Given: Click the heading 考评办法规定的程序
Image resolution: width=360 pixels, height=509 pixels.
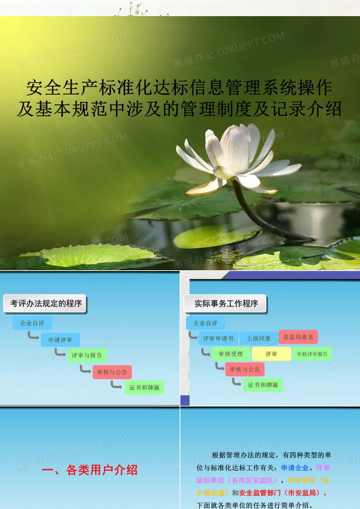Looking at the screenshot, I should click(46, 303).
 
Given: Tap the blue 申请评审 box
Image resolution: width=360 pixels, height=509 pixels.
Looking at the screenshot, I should click(60, 340).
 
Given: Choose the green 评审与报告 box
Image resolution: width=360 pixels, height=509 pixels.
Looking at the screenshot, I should click(87, 356).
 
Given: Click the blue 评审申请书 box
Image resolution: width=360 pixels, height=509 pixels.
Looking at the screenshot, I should click(218, 338).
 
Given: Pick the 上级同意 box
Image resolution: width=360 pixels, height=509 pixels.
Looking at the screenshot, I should click(258, 338).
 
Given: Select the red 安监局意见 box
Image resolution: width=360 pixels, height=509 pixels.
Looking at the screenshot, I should click(298, 337).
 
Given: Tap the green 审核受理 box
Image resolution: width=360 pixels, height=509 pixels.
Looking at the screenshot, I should click(231, 354).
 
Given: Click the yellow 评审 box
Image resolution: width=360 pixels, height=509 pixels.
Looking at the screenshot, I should click(271, 354).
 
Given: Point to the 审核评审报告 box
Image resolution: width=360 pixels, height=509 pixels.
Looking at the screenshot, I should click(312, 354).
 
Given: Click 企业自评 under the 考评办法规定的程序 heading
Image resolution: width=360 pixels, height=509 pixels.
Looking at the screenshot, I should click(32, 323).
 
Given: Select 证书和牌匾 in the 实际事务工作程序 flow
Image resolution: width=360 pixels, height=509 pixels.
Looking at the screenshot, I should click(263, 385).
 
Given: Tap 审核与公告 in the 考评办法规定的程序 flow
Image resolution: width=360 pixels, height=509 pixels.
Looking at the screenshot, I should click(112, 372).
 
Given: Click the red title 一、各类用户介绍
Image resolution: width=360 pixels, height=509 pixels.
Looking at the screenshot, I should click(90, 470).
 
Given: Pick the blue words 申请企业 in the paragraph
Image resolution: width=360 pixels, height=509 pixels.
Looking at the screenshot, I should click(295, 468).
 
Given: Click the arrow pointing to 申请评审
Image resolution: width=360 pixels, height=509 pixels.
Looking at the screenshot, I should click(33, 336).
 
